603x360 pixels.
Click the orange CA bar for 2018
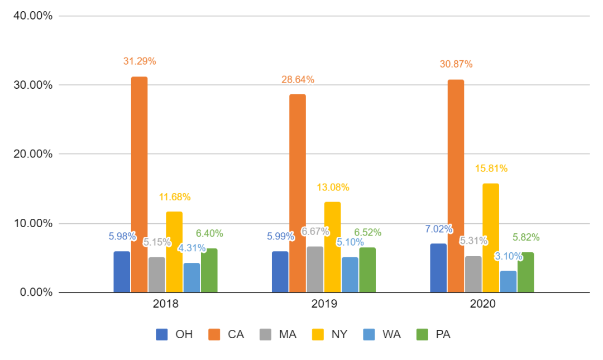(139, 184)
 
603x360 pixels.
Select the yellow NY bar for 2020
(491, 237)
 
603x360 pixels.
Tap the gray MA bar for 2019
(315, 270)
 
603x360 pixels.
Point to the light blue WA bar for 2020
(508, 281)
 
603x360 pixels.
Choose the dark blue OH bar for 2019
(280, 272)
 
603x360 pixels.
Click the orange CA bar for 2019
(298, 193)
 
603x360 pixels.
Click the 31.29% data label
(140, 61)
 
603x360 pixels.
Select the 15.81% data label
(491, 169)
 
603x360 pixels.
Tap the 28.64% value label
(298, 80)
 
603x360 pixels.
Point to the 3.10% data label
(508, 257)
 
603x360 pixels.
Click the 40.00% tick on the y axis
(32, 16)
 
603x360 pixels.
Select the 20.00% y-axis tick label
(32, 154)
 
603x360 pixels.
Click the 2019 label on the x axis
(324, 304)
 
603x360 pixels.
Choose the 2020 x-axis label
(482, 304)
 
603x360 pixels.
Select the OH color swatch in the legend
(162, 335)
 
